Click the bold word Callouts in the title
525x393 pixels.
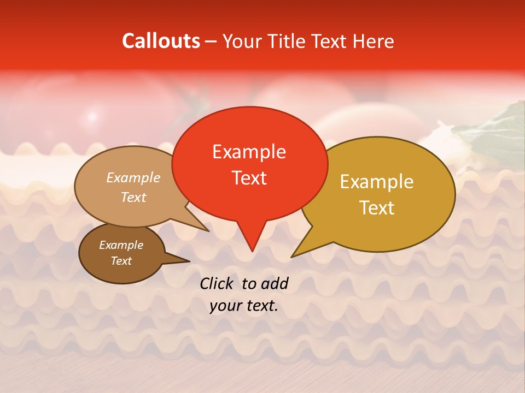coord(161,41)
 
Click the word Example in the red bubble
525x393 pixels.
coord(249,152)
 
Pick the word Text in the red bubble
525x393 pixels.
coord(249,178)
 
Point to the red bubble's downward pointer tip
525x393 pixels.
coord(252,251)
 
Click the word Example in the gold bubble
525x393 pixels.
coord(377,182)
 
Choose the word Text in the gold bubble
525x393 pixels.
coord(377,207)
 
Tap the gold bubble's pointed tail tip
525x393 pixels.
coord(292,256)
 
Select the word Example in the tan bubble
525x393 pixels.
coord(133,178)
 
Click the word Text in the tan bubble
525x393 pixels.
coord(133,197)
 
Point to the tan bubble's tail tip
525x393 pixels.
coord(208,231)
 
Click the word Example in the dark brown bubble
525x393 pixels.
coord(121,245)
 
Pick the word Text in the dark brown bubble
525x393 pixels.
coord(121,261)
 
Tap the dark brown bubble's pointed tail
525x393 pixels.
coord(189,261)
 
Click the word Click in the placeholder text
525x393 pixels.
coord(217,283)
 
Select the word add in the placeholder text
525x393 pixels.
coord(275,283)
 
